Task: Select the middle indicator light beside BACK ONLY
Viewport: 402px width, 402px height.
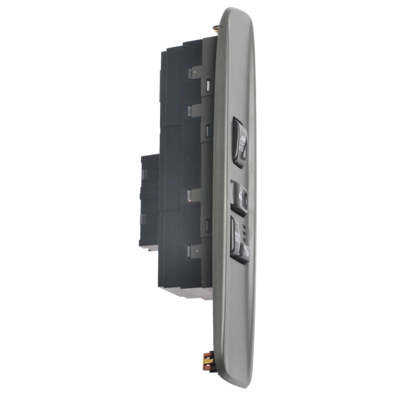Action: (244, 232)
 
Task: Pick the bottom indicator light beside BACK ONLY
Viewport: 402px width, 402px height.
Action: (244, 238)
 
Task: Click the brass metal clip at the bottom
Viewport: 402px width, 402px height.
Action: (208, 359)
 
